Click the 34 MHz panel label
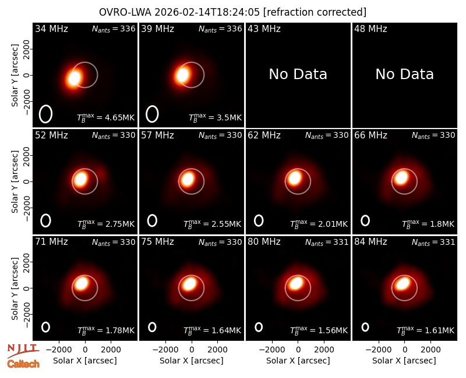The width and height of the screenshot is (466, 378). [51, 28]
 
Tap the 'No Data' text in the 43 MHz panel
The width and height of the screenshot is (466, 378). [298, 74]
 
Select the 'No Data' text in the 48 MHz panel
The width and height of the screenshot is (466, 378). [404, 74]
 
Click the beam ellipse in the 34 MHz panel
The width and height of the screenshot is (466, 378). [45, 114]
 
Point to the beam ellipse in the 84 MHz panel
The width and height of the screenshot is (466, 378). [365, 327]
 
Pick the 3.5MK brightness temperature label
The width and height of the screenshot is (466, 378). [215, 117]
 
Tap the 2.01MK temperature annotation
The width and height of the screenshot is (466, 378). [319, 224]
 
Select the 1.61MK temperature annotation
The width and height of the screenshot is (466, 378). [426, 330]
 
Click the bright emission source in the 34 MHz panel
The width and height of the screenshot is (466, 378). [74, 78]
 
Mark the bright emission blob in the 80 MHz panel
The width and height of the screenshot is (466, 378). [296, 283]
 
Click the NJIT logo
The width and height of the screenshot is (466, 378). [22, 350]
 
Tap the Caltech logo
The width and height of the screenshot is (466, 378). [23, 364]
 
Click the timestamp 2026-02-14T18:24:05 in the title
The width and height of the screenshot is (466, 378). [207, 12]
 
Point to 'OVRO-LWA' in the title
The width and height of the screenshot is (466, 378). [125, 12]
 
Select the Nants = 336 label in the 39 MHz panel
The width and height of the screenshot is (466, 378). [220, 28]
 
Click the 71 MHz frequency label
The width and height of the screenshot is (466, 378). [51, 242]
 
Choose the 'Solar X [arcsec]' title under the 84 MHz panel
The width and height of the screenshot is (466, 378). [404, 361]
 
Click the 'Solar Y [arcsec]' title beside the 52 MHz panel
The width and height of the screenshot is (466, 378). [15, 181]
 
